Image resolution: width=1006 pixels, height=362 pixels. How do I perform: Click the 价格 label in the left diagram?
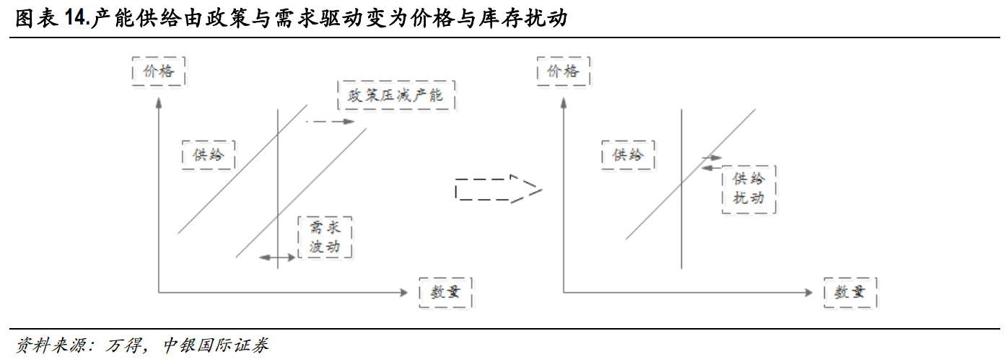(x=159, y=71)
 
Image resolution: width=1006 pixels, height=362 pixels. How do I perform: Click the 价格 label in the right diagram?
(x=563, y=71)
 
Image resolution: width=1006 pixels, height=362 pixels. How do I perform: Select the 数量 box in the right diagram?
(x=850, y=292)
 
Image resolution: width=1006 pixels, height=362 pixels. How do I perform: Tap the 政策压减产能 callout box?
(x=398, y=96)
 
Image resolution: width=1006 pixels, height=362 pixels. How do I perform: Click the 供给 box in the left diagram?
(x=209, y=154)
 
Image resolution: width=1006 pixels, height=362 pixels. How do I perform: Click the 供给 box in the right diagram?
(x=628, y=154)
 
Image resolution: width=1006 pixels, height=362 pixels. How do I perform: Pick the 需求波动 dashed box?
(x=325, y=237)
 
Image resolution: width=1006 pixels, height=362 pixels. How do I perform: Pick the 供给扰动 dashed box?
(x=748, y=190)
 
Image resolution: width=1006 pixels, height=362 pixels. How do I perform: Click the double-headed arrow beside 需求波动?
(x=277, y=257)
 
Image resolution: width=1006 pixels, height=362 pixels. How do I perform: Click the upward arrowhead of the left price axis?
(x=158, y=103)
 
